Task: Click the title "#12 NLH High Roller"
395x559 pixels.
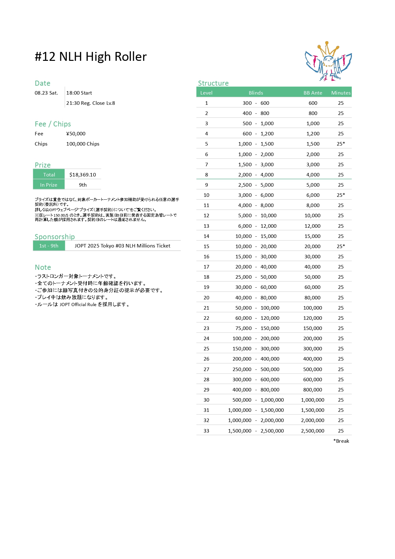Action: coord(90,57)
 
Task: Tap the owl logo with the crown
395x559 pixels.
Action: coord(328,61)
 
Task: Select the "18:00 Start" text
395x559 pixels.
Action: coord(79,93)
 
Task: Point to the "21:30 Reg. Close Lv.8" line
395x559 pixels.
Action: coord(90,103)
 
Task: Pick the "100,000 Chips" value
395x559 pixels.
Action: coord(83,144)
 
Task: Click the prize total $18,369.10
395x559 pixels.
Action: coord(83,175)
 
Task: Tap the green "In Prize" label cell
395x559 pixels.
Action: coord(49,185)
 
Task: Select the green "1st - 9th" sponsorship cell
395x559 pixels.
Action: coord(49,246)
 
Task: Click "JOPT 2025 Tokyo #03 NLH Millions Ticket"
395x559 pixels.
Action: coord(122,246)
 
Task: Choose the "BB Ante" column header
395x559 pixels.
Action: coord(312,93)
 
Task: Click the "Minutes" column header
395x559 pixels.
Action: coord(341,93)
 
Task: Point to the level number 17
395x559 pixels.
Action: coord(206,267)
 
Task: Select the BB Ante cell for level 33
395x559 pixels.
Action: coord(312,431)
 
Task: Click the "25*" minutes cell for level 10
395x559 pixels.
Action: coord(341,195)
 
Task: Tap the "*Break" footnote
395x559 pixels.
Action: coord(341,441)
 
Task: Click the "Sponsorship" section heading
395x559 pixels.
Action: coord(54,237)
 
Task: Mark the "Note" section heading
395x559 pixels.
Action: coord(43,267)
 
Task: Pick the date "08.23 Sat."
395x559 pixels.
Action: coord(47,93)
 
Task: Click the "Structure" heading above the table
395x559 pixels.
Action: coord(213,83)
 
